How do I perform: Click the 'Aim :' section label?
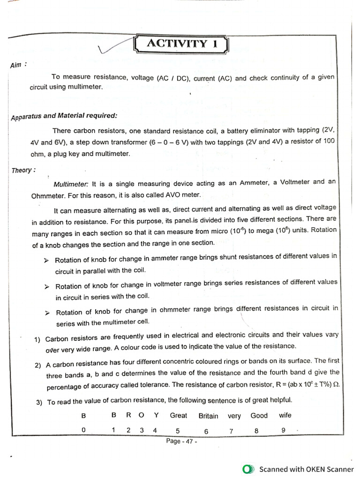(18, 65)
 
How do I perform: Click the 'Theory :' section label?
(22, 170)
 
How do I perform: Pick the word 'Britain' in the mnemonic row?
(208, 416)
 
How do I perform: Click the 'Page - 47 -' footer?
(181, 442)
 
